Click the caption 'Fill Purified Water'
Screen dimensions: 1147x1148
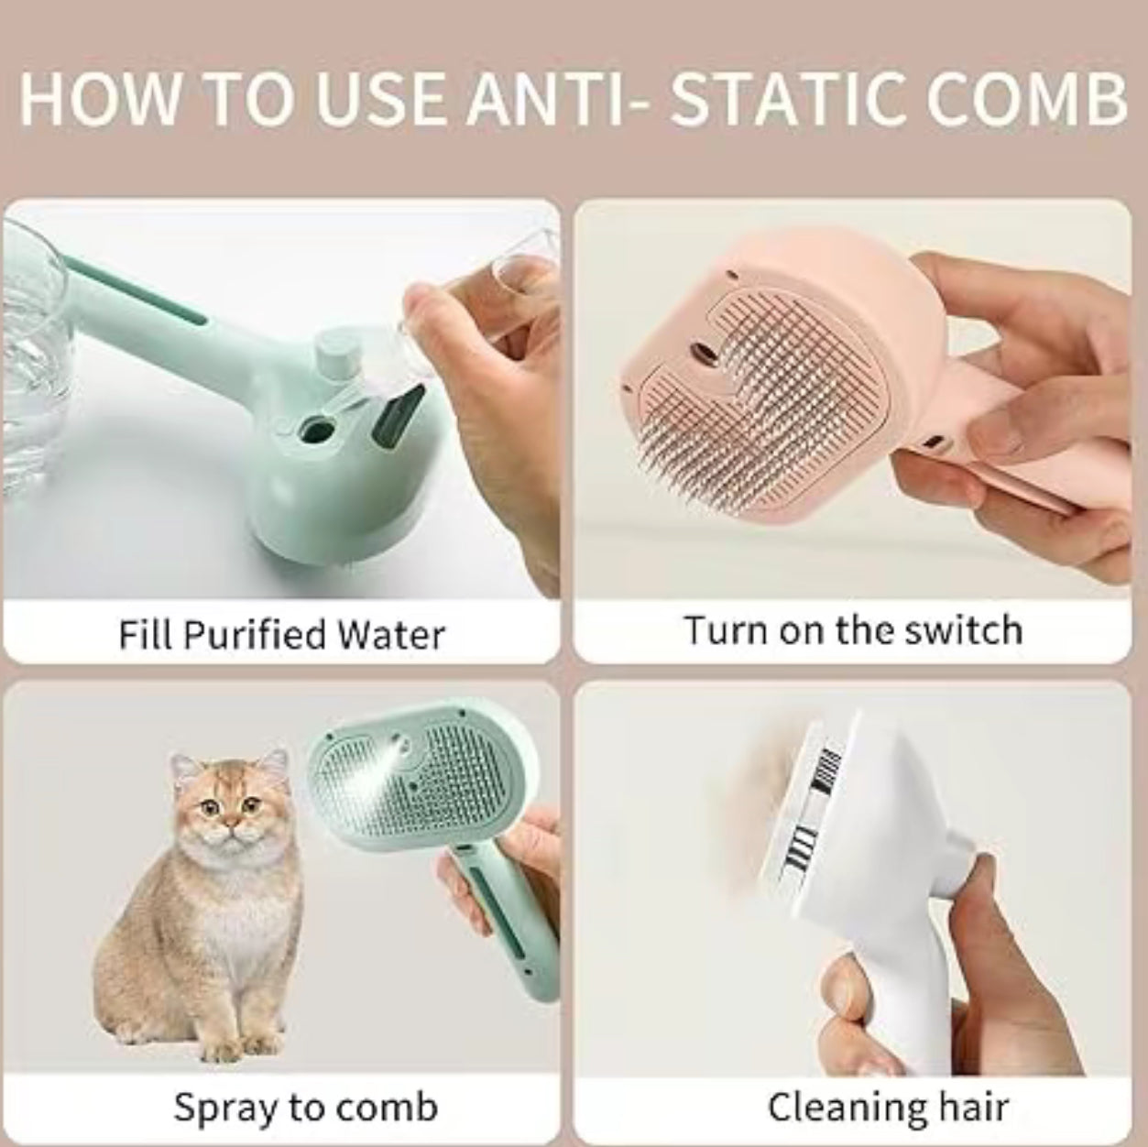[281, 634]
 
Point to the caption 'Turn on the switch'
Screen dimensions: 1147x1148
[852, 631]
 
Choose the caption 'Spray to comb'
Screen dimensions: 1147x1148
[306, 1107]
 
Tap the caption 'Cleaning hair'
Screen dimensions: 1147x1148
[888, 1107]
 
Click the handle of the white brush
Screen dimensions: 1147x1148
[880, 989]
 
